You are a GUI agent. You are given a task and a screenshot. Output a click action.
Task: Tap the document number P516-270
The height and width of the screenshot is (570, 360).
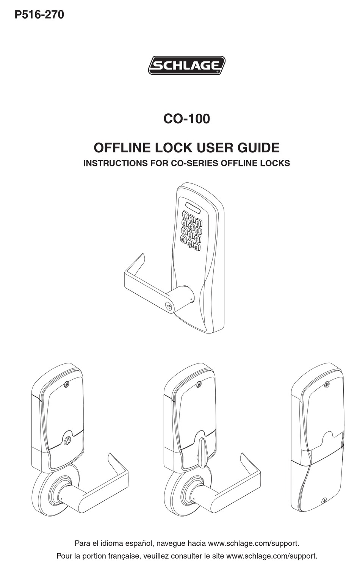click(x=39, y=15)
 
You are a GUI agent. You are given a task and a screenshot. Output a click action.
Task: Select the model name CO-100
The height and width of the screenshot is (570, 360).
click(x=186, y=119)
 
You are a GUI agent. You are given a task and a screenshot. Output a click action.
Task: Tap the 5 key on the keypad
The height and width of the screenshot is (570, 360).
click(x=192, y=227)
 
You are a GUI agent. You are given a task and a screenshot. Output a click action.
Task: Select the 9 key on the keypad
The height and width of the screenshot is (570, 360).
click(x=197, y=238)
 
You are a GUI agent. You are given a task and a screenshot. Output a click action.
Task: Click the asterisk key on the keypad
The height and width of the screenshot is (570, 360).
click(x=183, y=239)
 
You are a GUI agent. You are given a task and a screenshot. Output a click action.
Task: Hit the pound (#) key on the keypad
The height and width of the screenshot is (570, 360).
click(x=196, y=247)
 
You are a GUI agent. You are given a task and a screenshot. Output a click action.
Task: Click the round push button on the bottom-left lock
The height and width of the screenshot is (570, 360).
click(x=68, y=440)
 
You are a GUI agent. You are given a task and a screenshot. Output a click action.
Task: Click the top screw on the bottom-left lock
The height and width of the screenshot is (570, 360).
click(x=67, y=384)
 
